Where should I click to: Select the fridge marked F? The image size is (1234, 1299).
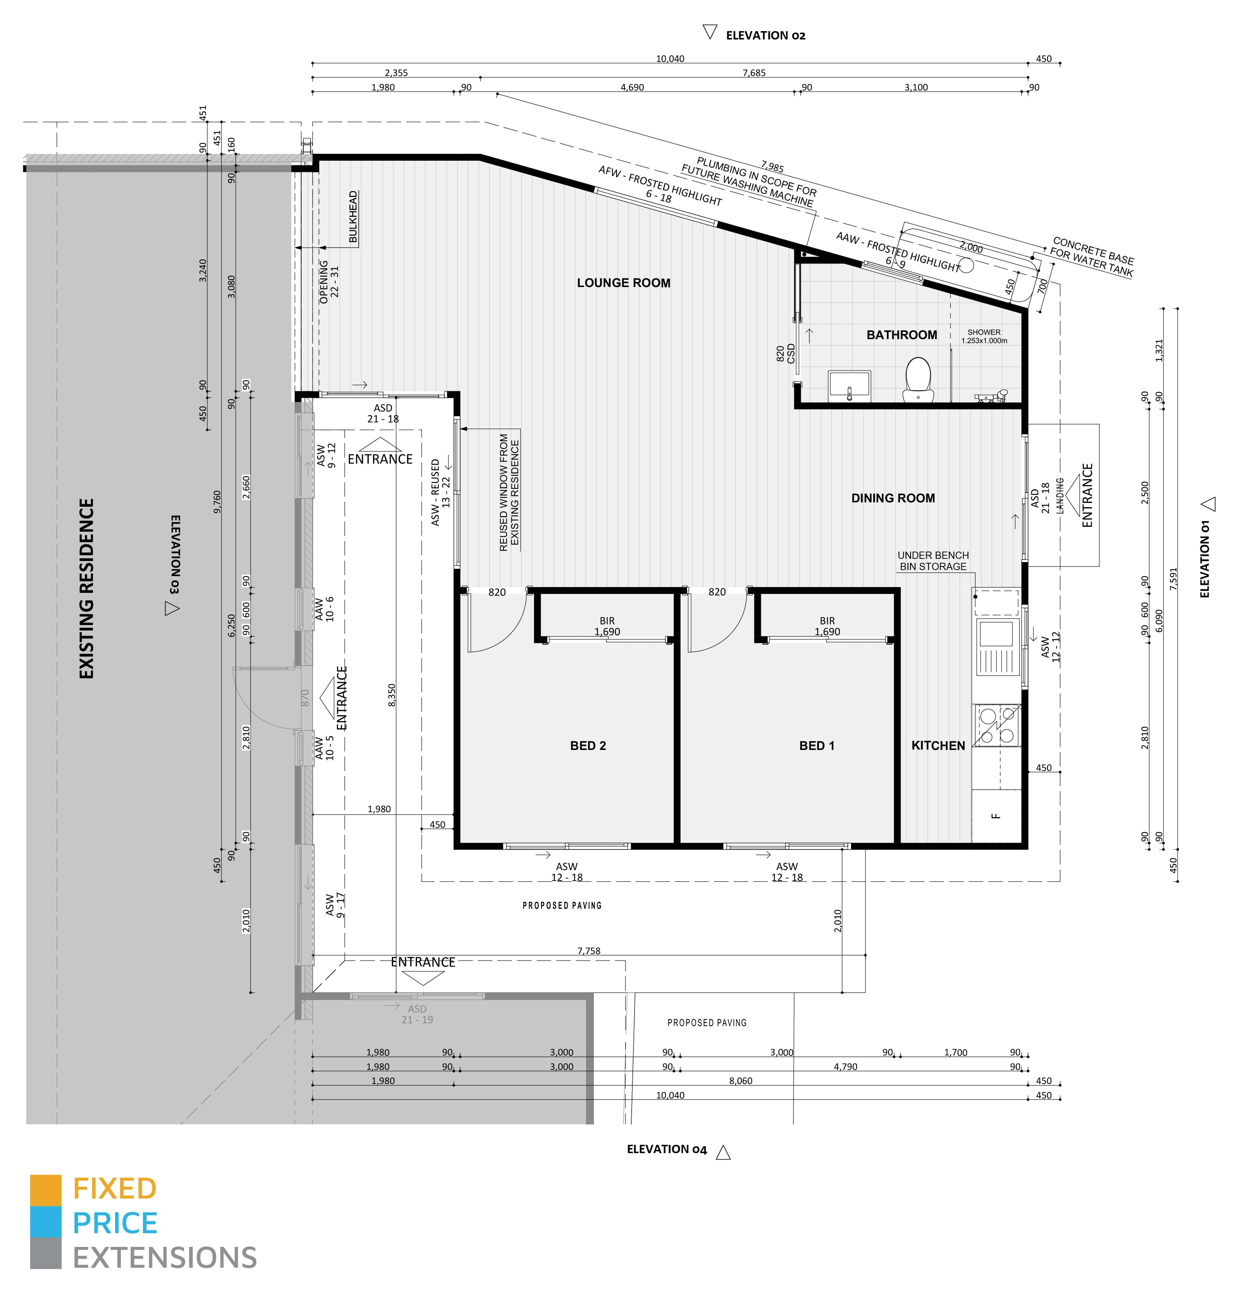tap(996, 815)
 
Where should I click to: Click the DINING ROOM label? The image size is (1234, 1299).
tap(893, 498)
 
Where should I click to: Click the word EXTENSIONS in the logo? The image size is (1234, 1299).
tap(164, 1258)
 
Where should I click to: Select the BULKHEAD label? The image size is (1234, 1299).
tap(353, 217)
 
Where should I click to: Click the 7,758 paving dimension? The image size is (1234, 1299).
tap(588, 950)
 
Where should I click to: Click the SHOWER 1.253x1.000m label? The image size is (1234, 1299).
tap(984, 336)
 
